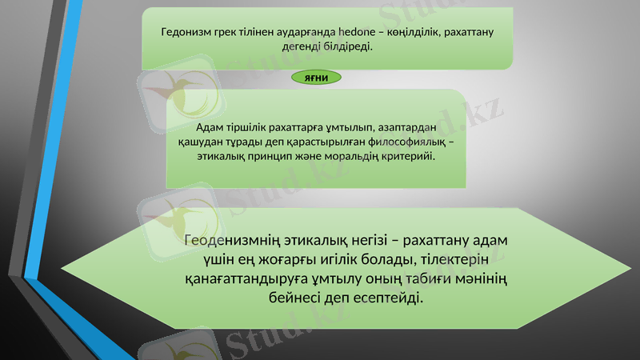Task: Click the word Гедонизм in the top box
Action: [x=185, y=33]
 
